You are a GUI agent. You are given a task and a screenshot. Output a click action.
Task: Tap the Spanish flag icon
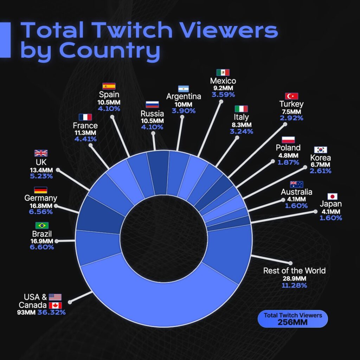point(109,86)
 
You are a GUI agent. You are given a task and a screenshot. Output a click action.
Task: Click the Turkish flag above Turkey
point(291,96)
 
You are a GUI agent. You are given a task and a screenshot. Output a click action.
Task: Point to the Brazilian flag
point(42,225)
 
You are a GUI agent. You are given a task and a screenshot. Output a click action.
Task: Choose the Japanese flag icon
point(333,196)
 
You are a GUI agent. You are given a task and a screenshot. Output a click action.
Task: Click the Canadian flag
point(55,305)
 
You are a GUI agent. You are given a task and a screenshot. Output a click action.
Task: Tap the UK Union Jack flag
point(41,153)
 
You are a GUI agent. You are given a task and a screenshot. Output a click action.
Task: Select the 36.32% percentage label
point(51,312)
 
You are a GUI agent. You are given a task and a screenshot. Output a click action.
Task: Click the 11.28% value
point(294,285)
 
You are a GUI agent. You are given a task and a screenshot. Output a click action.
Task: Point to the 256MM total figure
point(292,322)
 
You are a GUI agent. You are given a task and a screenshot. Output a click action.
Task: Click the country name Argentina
point(184,96)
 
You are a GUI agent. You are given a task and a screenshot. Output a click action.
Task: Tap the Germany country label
point(41,198)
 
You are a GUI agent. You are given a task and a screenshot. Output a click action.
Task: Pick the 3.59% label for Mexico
point(223,95)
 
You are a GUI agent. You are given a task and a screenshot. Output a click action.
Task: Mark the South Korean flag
point(321,150)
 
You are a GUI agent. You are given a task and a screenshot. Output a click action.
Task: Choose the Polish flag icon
point(288,140)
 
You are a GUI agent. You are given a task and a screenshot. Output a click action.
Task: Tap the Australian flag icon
point(296,184)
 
